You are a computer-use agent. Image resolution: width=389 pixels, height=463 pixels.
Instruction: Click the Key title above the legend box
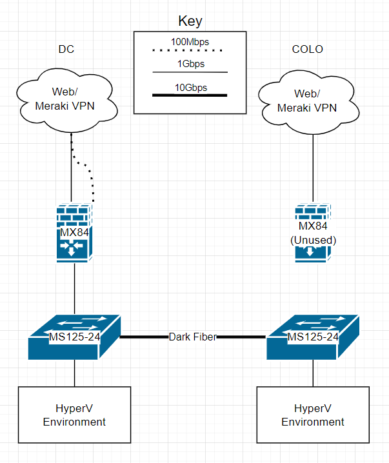coord(190,21)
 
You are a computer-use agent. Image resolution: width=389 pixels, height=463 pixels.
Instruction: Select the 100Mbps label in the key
coord(190,41)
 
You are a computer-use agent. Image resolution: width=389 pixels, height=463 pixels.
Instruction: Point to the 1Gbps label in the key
coord(190,64)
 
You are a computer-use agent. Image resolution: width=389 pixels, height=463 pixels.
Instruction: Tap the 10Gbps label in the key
coord(190,87)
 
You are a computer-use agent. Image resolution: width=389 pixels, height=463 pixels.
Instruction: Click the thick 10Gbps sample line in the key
coord(190,95)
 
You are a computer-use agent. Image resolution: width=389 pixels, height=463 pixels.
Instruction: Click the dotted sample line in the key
coord(190,50)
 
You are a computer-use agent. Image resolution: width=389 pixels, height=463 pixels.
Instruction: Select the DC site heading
coord(66,50)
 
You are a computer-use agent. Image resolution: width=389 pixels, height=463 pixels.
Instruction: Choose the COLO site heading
coord(307,50)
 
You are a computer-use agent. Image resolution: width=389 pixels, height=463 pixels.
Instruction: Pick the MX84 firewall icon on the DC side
coord(74,231)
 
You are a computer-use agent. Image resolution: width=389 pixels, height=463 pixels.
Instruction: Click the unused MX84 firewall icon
coord(313,233)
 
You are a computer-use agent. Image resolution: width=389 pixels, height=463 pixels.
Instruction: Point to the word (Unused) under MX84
coord(313,240)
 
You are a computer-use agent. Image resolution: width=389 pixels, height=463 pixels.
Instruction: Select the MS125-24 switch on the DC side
coord(74,337)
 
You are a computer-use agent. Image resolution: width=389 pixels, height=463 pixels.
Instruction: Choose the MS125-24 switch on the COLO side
coord(313,337)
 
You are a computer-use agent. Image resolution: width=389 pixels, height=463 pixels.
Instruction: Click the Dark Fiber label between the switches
coord(192,337)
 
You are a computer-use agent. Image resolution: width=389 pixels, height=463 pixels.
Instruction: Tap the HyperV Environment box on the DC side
coord(74,415)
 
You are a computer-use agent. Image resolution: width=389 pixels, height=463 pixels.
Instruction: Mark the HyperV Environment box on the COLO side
coord(313,415)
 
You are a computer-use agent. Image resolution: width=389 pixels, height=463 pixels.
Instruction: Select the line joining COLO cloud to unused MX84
coord(313,168)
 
